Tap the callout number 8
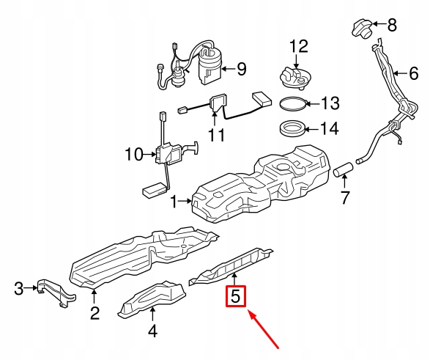tap(391, 26)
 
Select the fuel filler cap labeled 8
tap(362, 30)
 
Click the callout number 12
tap(298, 47)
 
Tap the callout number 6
tap(413, 73)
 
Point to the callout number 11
tap(215, 135)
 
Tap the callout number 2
tap(94, 315)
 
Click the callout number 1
tap(174, 200)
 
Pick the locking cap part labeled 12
tap(297, 74)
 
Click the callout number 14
tap(329, 129)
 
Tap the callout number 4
tap(152, 331)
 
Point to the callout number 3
tap(20, 289)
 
